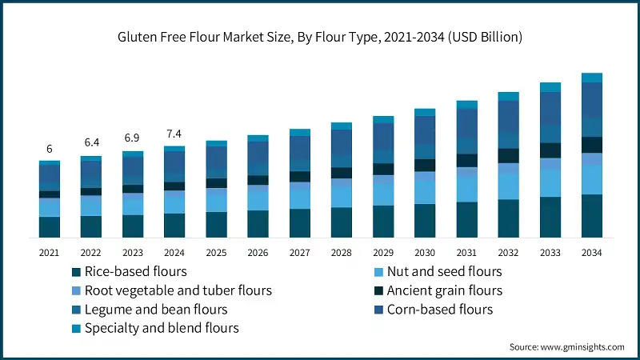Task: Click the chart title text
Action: click(x=320, y=37)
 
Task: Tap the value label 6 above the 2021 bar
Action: click(x=50, y=150)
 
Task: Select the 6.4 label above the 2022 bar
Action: click(x=91, y=142)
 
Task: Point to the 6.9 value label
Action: click(x=133, y=138)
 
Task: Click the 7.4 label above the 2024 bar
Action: click(x=174, y=133)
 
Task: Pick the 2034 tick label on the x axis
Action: click(x=591, y=252)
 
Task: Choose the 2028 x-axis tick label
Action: click(x=342, y=252)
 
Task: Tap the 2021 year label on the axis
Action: click(x=50, y=252)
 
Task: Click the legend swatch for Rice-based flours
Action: click(x=76, y=272)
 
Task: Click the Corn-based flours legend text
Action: click(x=439, y=309)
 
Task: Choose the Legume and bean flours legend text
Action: click(x=156, y=309)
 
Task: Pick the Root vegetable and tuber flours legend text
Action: click(x=178, y=290)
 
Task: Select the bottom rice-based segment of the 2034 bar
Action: click(x=591, y=216)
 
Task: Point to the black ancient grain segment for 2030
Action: click(x=425, y=165)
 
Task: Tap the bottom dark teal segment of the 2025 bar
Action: click(x=216, y=225)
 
